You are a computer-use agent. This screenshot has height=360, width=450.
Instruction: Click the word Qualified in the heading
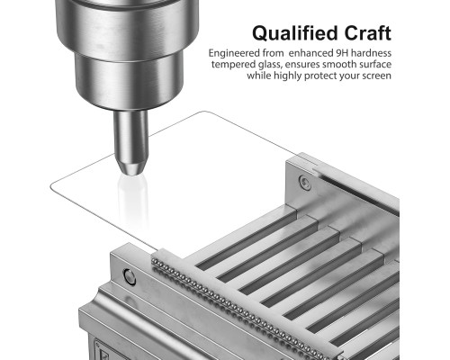296,33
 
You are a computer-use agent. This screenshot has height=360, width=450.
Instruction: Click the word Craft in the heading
368,32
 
